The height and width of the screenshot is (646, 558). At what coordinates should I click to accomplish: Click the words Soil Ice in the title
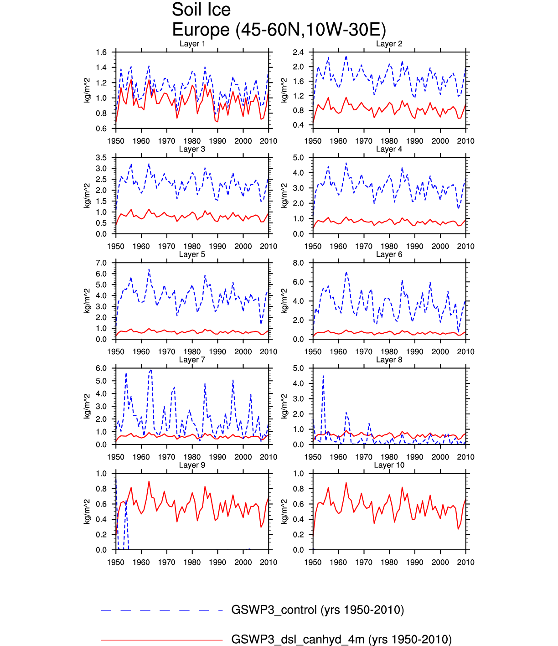pyautogui.click(x=201, y=10)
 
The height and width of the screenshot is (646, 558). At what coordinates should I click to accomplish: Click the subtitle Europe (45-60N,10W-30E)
pyautogui.click(x=279, y=30)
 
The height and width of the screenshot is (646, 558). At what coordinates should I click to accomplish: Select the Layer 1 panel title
pyautogui.click(x=192, y=44)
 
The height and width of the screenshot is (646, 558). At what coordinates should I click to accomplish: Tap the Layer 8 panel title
pyautogui.click(x=389, y=360)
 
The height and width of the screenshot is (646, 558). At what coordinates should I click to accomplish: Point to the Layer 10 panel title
pyautogui.click(x=389, y=465)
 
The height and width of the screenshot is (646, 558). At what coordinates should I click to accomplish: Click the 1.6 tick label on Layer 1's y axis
pyautogui.click(x=101, y=52)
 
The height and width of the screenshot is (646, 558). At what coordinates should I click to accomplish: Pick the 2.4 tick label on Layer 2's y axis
pyautogui.click(x=298, y=52)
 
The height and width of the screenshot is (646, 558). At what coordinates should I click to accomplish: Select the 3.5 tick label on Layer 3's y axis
pyautogui.click(x=101, y=158)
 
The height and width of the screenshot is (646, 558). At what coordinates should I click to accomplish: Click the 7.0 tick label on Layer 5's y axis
pyautogui.click(x=101, y=263)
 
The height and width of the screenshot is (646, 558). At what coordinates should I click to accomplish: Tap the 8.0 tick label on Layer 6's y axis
pyautogui.click(x=298, y=263)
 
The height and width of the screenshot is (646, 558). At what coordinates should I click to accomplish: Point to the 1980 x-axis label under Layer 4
pyautogui.click(x=389, y=247)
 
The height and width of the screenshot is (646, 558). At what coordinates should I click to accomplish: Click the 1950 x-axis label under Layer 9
pyautogui.click(x=116, y=563)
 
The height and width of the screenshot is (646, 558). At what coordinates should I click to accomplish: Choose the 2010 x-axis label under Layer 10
pyautogui.click(x=465, y=563)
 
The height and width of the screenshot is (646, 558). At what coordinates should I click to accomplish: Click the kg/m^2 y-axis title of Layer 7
pyautogui.click(x=88, y=406)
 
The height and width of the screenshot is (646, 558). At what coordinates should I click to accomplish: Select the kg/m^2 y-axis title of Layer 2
pyautogui.click(x=284, y=90)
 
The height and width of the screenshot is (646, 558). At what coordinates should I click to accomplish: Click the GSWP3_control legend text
pyautogui.click(x=318, y=610)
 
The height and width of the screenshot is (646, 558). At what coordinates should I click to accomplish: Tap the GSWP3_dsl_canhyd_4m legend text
pyautogui.click(x=341, y=640)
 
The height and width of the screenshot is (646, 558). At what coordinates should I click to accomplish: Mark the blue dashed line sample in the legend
pyautogui.click(x=161, y=610)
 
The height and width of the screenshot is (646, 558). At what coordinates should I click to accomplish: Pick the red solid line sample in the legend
pyautogui.click(x=161, y=640)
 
